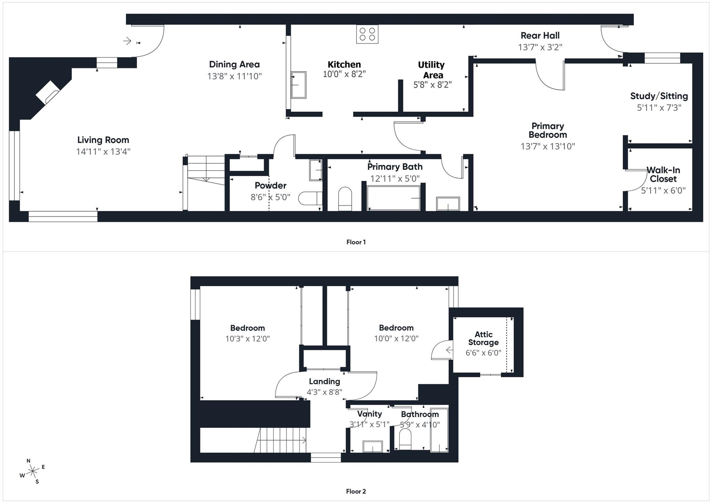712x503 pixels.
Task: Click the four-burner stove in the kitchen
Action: point(367,34)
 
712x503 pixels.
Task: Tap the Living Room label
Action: point(103,140)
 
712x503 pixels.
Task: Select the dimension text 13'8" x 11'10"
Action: point(234,76)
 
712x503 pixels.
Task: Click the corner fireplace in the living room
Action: point(48,92)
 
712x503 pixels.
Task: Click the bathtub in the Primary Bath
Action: point(394,198)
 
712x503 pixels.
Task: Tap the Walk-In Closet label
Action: point(663,174)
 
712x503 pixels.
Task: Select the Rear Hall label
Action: point(540,35)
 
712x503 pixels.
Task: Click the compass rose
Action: point(33,471)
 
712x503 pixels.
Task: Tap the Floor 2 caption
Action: point(356,491)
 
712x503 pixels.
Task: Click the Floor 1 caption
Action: point(356,242)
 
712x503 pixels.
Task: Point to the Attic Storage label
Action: point(483,338)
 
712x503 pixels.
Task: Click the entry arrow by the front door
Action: point(127,41)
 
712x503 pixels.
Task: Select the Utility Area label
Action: point(431,70)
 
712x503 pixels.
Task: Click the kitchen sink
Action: point(298,85)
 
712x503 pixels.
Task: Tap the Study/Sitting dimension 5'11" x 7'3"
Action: point(659,108)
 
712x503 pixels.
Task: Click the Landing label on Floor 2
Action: point(324,381)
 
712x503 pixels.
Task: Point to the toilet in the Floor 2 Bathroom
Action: point(405,439)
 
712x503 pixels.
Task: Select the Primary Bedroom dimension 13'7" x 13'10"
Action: point(548,146)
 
